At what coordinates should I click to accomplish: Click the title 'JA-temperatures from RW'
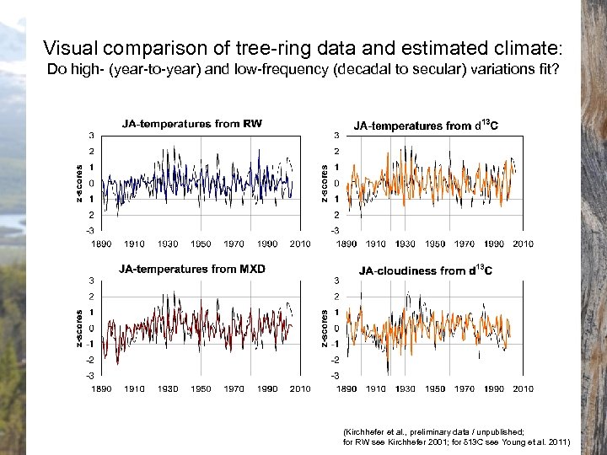(x=192, y=124)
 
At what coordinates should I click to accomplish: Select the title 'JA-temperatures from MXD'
(x=192, y=270)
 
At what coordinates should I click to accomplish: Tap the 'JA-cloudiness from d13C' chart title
(x=425, y=270)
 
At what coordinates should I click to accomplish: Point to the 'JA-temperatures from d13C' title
(x=426, y=126)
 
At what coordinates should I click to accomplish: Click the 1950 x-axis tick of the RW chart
(x=201, y=244)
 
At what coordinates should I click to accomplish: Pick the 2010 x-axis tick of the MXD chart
(x=300, y=388)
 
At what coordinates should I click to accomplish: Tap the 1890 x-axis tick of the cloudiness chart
(x=346, y=388)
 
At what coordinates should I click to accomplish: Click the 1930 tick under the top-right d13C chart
(x=406, y=244)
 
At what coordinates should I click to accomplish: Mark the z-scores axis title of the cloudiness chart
(x=325, y=328)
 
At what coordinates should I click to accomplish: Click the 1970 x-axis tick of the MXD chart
(x=234, y=388)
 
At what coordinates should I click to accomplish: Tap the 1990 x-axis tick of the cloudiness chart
(x=493, y=388)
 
